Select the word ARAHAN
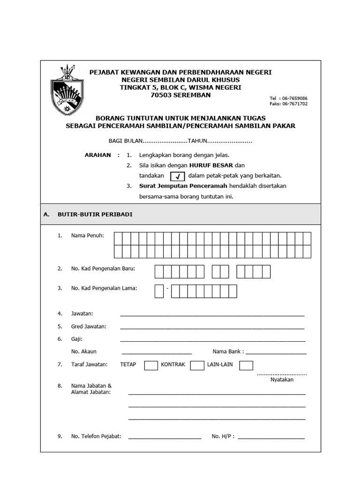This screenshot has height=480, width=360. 97,155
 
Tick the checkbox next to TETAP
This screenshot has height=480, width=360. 151,365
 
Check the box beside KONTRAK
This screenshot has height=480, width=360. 197,365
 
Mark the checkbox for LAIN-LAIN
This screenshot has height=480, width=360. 246,365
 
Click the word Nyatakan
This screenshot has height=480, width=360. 282,380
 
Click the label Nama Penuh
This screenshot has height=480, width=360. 87,236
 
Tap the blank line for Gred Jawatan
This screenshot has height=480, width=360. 212,328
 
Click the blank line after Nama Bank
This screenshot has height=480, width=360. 276,352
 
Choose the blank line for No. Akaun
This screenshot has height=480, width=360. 157,352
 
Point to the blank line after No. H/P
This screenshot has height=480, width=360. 271,438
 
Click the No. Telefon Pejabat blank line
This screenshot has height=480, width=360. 165,438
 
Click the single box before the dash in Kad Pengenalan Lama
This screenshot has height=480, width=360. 159,291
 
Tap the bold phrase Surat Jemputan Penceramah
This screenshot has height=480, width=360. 177,186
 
